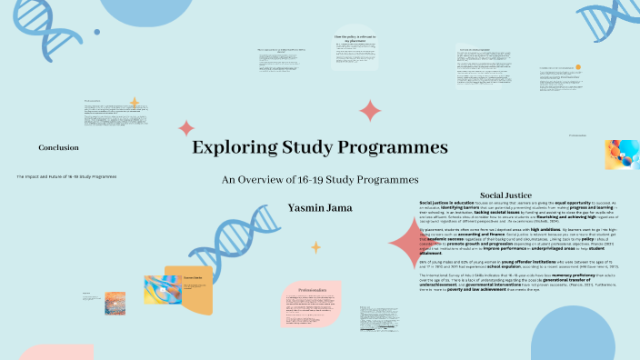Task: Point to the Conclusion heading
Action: point(58,147)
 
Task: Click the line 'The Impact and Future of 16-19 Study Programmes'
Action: point(66,176)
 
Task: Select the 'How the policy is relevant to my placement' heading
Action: point(355,39)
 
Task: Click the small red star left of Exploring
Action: point(186,128)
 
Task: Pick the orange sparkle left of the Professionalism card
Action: point(316,246)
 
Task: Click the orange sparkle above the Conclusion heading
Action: point(135,103)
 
